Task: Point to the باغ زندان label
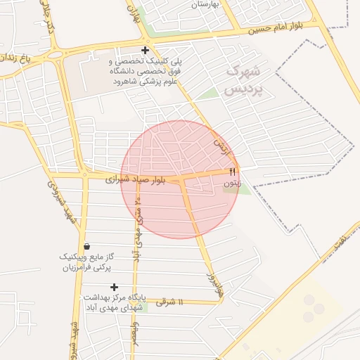click(x=18, y=55)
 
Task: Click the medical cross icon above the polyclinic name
click(x=145, y=50)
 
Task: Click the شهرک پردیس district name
click(x=244, y=81)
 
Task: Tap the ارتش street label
click(x=223, y=147)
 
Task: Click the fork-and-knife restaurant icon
click(x=233, y=172)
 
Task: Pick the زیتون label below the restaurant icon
click(x=232, y=183)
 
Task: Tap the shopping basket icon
click(x=86, y=246)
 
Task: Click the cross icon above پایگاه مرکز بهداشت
click(x=114, y=287)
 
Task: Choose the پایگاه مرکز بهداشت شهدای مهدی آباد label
click(x=113, y=302)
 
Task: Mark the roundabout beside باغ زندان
click(x=54, y=53)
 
